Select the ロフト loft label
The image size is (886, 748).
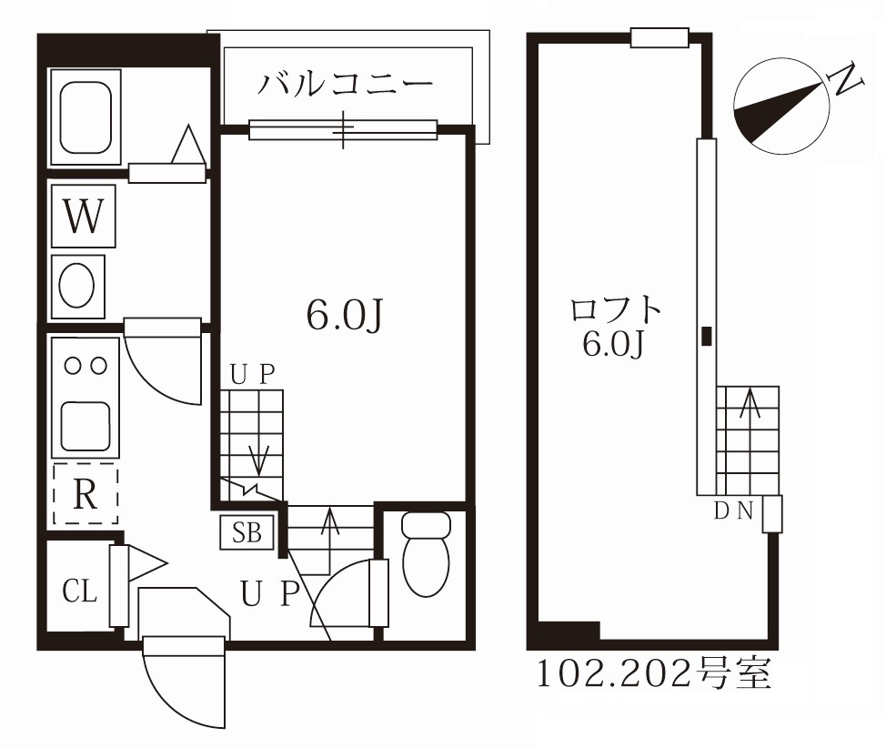pyautogui.click(x=615, y=310)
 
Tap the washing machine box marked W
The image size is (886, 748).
pyautogui.click(x=84, y=217)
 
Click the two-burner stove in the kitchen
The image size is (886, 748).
pyautogui.click(x=84, y=366)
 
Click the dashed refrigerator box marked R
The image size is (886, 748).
pyautogui.click(x=85, y=494)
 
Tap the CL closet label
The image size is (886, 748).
pyautogui.click(x=79, y=591)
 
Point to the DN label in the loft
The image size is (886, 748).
pyautogui.click(x=733, y=510)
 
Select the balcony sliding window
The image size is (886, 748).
pyautogui.click(x=343, y=131)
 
